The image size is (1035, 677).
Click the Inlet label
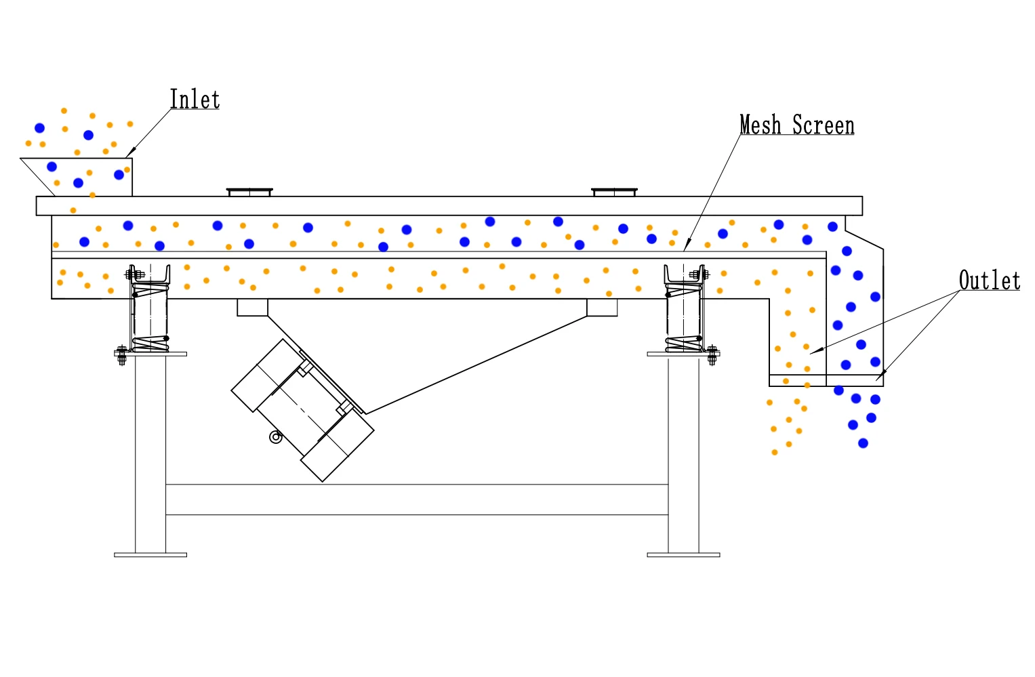(195, 99)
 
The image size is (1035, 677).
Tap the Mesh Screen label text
(797, 125)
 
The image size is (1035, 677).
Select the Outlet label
(990, 280)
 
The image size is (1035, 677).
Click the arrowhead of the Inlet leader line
(130, 152)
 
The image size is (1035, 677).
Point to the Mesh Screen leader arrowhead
(687, 245)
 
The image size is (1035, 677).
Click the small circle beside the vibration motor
(276, 436)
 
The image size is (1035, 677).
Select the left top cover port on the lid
(249, 192)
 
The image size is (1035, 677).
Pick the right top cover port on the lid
(615, 192)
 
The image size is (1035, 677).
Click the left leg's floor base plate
(150, 555)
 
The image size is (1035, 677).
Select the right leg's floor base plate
(683, 555)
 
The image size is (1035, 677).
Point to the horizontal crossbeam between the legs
(417, 499)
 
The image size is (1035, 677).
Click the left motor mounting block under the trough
(252, 308)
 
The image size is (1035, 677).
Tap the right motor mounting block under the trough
(602, 308)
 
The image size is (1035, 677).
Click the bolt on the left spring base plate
(121, 355)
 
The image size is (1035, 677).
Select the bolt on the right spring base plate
(712, 355)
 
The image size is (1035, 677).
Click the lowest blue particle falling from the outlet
(863, 443)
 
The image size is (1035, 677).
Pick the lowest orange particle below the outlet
(775, 453)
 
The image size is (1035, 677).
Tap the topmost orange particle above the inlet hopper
(64, 111)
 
